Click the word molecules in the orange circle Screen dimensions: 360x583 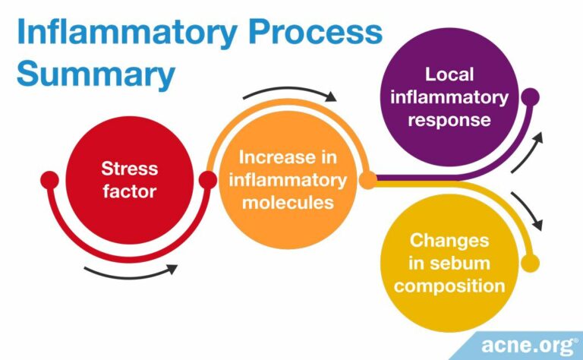pos(287,202)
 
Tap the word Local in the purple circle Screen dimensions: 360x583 pos(449,74)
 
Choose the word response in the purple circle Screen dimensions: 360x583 pos(449,120)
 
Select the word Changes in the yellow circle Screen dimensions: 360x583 pos(449,241)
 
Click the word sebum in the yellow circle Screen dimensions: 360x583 pos(449,263)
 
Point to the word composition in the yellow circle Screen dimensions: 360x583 pos(449,286)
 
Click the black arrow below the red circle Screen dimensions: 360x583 pos(131,271)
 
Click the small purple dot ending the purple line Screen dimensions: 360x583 pos(530,96)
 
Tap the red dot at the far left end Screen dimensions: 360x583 pos(49,180)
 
